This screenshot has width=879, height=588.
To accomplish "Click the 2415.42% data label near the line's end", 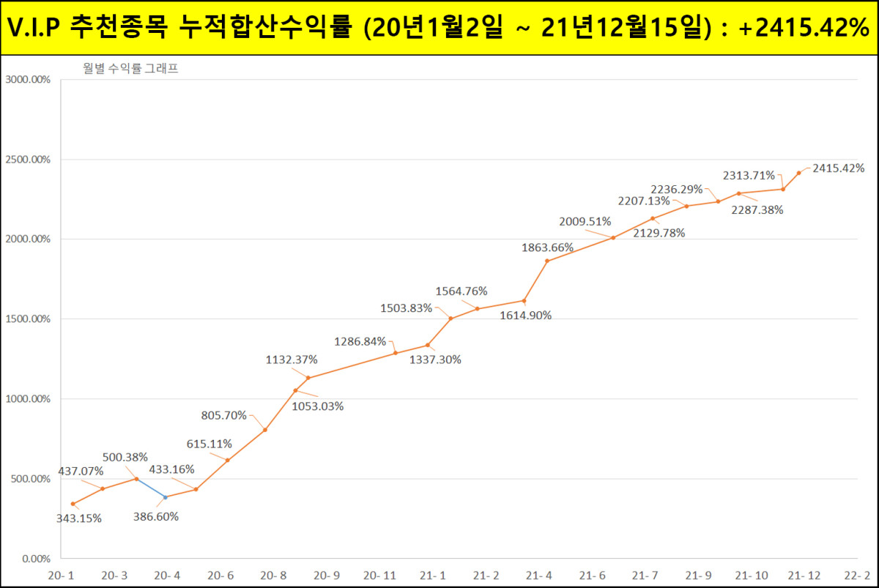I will pyautogui.click(x=839, y=168).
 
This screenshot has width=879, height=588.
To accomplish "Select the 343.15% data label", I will pyautogui.click(x=78, y=518).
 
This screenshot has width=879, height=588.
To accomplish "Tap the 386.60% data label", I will pyautogui.click(x=155, y=516).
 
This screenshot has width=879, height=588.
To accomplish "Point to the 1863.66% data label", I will pyautogui.click(x=547, y=248).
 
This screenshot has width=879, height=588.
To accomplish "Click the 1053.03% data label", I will pyautogui.click(x=318, y=406).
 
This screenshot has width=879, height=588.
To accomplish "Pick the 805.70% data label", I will pyautogui.click(x=224, y=416).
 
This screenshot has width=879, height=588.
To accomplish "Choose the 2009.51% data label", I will pyautogui.click(x=585, y=221).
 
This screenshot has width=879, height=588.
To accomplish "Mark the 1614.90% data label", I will pyautogui.click(x=526, y=316).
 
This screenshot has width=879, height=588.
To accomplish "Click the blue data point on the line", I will pyautogui.click(x=165, y=497).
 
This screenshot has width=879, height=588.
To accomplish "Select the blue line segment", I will pyautogui.click(x=151, y=488).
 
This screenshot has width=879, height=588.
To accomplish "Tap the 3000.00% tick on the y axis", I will pyautogui.click(x=27, y=80).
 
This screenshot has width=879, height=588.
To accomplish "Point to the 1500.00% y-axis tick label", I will pyautogui.click(x=27, y=319).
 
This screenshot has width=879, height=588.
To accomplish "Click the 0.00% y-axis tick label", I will pyautogui.click(x=33, y=559).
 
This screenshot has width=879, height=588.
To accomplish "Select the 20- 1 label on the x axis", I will pyautogui.click(x=61, y=576).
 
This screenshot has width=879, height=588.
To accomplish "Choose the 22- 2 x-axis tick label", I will pyautogui.click(x=856, y=576).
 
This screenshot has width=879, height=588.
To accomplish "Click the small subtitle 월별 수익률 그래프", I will pyautogui.click(x=131, y=70).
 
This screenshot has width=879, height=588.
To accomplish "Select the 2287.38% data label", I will pyautogui.click(x=757, y=210).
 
